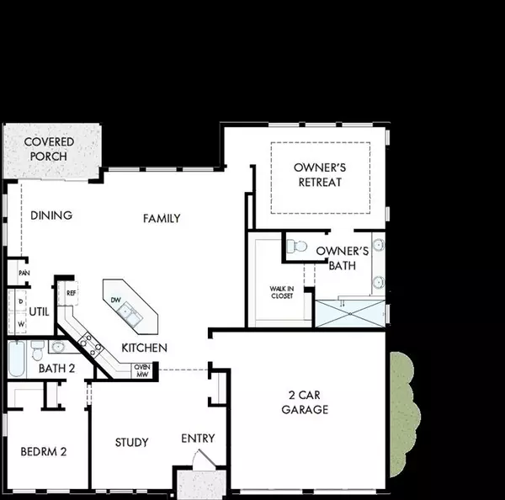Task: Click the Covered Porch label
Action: (49, 149)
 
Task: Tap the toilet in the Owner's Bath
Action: (296, 246)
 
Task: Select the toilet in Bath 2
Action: (37, 350)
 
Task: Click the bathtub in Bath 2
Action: (17, 359)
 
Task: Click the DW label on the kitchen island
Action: (115, 300)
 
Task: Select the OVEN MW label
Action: (142, 370)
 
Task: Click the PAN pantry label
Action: (24, 273)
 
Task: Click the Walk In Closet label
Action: (282, 292)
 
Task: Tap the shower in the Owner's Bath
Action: (350, 313)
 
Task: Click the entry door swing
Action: (204, 457)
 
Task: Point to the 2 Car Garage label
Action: (305, 402)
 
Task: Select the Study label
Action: (132, 442)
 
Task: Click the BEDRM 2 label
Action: (44, 452)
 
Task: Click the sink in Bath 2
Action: (58, 347)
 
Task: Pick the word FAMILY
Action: (162, 218)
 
